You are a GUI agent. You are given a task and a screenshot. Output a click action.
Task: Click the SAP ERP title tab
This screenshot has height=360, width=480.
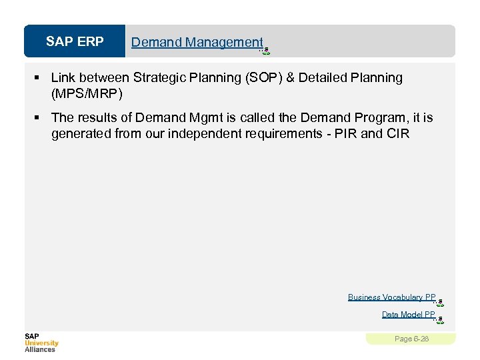(x=75, y=42)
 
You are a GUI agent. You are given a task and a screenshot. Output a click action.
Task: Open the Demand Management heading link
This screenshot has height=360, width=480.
(x=197, y=42)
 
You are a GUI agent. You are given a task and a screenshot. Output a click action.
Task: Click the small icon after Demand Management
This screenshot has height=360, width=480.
(x=265, y=50)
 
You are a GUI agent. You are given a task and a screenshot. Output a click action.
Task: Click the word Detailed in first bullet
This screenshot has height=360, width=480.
(x=322, y=78)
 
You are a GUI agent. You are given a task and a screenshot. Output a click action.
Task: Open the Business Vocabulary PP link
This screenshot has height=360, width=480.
(x=391, y=297)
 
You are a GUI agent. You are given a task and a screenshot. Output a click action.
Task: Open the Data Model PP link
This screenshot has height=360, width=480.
(x=408, y=314)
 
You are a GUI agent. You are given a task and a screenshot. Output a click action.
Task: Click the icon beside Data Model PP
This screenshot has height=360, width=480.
(x=439, y=319)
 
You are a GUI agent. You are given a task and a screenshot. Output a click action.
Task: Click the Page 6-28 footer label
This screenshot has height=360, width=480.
(x=411, y=339)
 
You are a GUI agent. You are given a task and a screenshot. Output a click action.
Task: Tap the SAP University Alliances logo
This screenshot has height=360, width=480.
(x=41, y=342)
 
